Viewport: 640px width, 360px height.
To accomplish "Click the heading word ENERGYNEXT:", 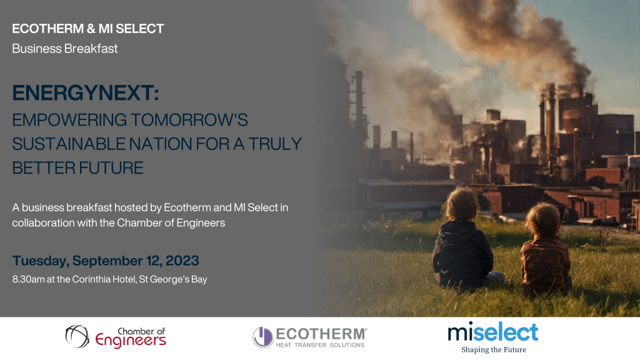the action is click(85, 92).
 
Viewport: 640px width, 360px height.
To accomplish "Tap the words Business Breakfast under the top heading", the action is click(65, 49).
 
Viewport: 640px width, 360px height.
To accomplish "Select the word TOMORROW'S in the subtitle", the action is click(189, 120).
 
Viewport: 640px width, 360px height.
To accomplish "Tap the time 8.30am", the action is click(28, 279).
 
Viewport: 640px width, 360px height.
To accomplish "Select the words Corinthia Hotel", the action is click(104, 279).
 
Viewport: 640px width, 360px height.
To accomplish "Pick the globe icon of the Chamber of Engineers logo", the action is click(77, 336).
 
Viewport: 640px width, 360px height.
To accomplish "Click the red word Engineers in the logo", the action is click(131, 341).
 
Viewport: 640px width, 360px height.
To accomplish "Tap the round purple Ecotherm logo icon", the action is click(263, 337).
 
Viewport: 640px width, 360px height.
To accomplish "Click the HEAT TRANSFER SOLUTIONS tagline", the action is click(320, 345).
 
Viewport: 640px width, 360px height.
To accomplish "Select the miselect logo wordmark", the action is click(493, 332).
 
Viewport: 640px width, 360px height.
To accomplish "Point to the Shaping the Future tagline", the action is click(494, 349).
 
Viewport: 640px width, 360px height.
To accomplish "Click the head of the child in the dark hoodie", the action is click(462, 205).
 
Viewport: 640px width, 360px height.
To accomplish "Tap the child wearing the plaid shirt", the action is click(545, 249).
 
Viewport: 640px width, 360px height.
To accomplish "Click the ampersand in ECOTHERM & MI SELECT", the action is click(91, 29).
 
